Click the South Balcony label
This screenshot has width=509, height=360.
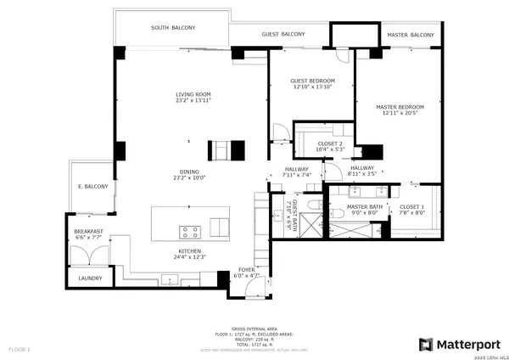click(x=173, y=28)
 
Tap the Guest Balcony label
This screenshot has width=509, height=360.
click(x=282, y=34)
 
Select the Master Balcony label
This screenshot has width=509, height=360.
click(x=410, y=35)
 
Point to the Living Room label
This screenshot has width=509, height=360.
click(x=193, y=98)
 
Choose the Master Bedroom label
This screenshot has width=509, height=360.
click(x=399, y=110)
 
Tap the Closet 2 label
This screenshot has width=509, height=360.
click(x=330, y=147)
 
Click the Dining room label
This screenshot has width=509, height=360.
click(x=189, y=175)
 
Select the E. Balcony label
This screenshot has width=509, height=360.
click(x=93, y=187)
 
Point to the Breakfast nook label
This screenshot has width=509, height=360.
click(x=88, y=235)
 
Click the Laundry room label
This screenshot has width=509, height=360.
click(x=90, y=278)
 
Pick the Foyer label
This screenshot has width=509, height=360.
click(x=247, y=273)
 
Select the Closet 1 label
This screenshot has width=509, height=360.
click(x=411, y=210)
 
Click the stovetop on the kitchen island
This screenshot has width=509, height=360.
click(x=189, y=231)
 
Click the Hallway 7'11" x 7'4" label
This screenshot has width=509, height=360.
click(x=297, y=172)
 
